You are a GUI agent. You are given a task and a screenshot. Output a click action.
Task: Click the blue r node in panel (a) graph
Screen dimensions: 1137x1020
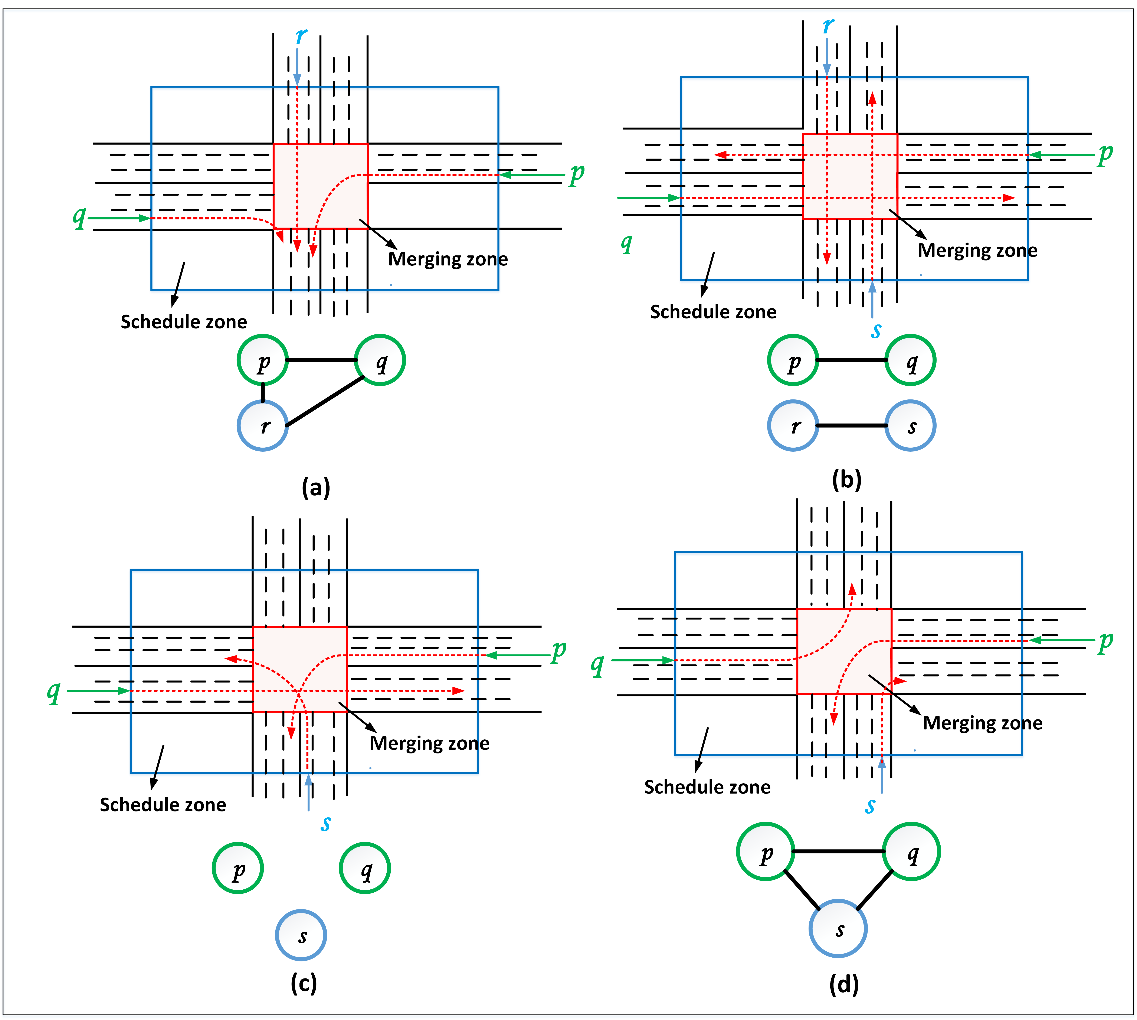[263, 425]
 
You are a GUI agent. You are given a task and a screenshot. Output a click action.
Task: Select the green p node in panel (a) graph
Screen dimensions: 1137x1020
[263, 360]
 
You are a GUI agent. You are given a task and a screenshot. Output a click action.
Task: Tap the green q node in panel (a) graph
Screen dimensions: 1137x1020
[380, 360]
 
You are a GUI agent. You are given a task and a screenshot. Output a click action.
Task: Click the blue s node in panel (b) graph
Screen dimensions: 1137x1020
[911, 425]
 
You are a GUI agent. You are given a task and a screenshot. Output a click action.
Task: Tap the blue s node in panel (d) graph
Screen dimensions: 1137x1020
[838, 928]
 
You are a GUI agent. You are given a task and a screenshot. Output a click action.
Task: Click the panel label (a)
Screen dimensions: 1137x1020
[316, 488]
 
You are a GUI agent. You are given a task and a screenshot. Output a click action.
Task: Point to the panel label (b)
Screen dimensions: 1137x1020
[847, 480]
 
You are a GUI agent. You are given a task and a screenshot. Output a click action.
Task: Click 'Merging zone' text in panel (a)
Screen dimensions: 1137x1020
[448, 259]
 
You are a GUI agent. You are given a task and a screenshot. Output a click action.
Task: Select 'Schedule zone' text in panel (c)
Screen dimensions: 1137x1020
[163, 805]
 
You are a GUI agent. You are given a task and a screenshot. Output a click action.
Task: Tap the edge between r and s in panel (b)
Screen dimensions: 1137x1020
[852, 425]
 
